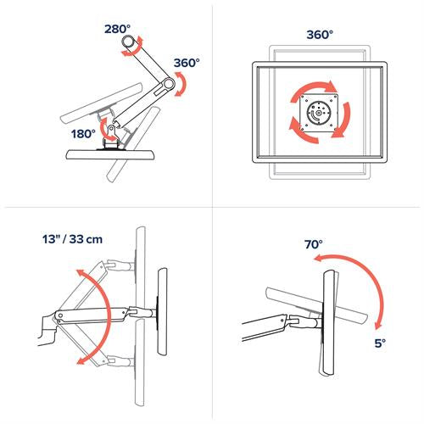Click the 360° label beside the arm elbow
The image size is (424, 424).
pos(187,63)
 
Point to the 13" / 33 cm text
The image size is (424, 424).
pos(71,240)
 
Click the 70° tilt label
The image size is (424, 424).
pos(315,244)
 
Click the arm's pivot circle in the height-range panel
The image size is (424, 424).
pos(59,319)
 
